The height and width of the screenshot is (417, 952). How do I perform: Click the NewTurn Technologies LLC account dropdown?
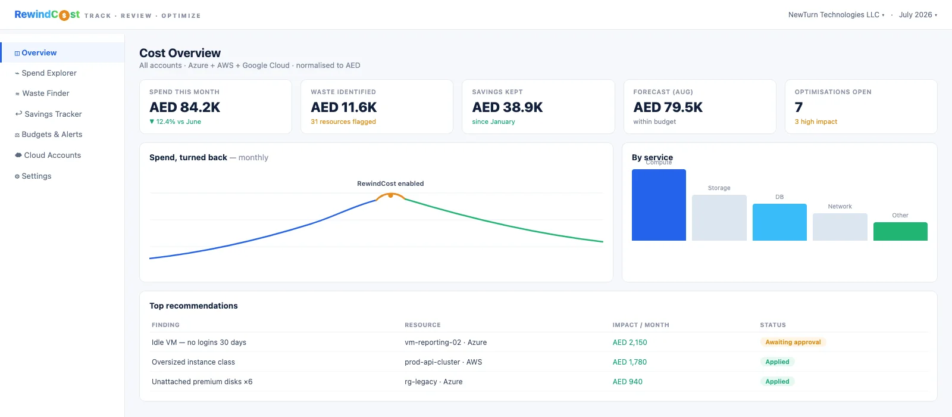pyautogui.click(x=836, y=15)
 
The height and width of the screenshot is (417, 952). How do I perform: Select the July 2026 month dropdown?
pyautogui.click(x=918, y=15)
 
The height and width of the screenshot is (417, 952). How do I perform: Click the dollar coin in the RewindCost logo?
pyautogui.click(x=64, y=15)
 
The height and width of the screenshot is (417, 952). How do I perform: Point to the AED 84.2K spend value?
pyautogui.click(x=185, y=107)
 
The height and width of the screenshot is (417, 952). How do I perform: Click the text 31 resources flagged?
pyautogui.click(x=343, y=122)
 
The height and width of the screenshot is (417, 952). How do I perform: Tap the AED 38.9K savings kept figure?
pyautogui.click(x=508, y=107)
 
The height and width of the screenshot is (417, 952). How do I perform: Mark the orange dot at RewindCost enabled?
pyautogui.click(x=390, y=196)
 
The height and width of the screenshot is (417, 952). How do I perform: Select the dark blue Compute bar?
pyautogui.click(x=659, y=205)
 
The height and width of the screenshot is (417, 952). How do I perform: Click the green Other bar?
pyautogui.click(x=900, y=232)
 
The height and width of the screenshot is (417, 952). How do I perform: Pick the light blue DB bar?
pyautogui.click(x=779, y=222)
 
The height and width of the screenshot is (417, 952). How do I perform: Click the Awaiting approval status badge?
pyautogui.click(x=793, y=342)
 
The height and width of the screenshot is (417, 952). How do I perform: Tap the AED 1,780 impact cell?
pyautogui.click(x=630, y=362)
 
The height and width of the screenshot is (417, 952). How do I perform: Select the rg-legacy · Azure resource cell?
pyautogui.click(x=434, y=382)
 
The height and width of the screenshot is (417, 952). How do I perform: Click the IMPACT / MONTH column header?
pyautogui.click(x=641, y=325)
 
